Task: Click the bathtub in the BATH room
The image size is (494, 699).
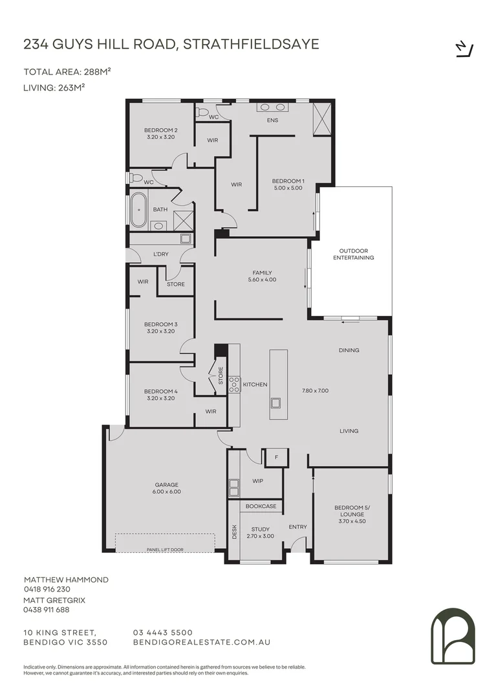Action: (139, 210)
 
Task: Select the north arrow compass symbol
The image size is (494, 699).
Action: (465, 49)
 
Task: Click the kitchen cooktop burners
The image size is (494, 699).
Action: (234, 384)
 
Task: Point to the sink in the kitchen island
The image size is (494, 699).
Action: (275, 403)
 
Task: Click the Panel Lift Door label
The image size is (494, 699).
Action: (165, 549)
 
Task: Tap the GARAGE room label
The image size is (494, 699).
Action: (167, 485)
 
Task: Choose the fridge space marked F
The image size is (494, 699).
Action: (277, 458)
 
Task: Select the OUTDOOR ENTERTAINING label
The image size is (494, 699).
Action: (354, 254)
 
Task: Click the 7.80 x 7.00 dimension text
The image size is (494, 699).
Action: (316, 390)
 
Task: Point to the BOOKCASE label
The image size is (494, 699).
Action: (261, 506)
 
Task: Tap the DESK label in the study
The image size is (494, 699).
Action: (234, 531)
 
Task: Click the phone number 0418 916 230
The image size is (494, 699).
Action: (47, 589)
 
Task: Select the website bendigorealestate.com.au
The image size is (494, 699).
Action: (202, 643)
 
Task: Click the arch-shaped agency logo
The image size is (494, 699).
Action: (453, 636)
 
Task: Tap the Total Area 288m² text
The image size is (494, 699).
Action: (67, 72)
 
